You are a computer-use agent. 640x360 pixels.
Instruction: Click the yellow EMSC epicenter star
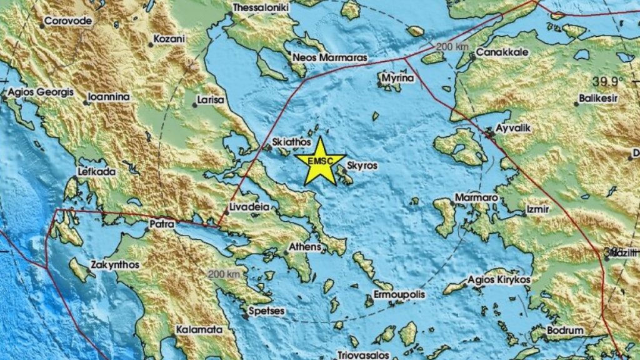click(x=320, y=162)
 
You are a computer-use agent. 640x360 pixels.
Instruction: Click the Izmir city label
click(x=538, y=209)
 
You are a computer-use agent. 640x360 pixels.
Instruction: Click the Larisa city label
click(x=211, y=99)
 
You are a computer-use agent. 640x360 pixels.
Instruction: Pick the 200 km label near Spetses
click(x=224, y=274)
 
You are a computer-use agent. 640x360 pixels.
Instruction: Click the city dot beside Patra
click(x=147, y=229)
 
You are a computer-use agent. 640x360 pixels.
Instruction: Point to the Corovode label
click(x=69, y=21)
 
